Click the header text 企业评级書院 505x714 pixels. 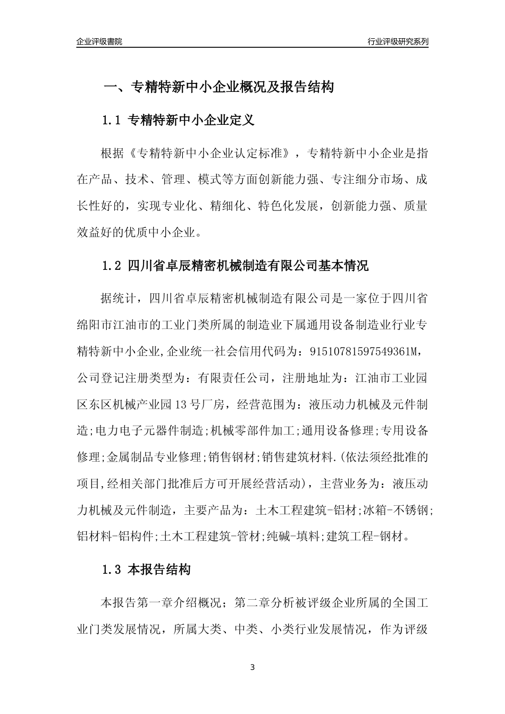99,41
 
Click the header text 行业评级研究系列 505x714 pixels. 398,41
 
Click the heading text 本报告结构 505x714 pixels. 159,571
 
